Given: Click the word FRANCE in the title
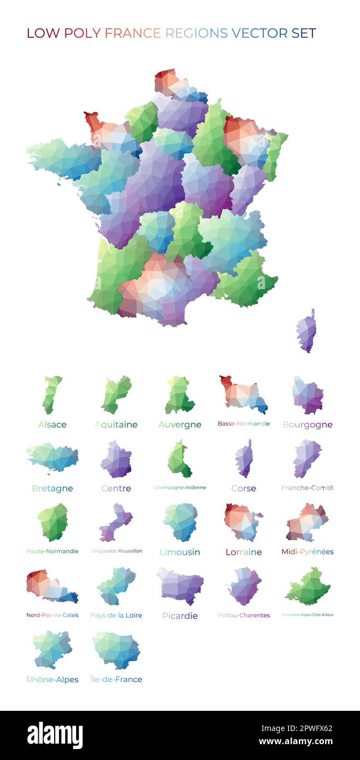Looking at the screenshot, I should pyautogui.click(x=132, y=33).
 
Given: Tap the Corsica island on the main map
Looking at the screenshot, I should pyautogui.click(x=306, y=331).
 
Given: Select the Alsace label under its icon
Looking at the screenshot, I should pyautogui.click(x=52, y=424).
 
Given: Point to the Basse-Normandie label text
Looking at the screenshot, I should pyautogui.click(x=243, y=424).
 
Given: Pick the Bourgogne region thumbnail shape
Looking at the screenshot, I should pyautogui.click(x=307, y=394).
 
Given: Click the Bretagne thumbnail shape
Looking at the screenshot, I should pyautogui.click(x=52, y=458).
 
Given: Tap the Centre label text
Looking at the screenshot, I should pyautogui.click(x=116, y=488).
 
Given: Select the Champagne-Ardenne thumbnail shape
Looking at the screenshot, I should pyautogui.click(x=179, y=459).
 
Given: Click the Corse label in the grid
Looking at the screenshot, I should pyautogui.click(x=243, y=488).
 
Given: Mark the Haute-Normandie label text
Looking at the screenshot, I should pyautogui.click(x=52, y=551).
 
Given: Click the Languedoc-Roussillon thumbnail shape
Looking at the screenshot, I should pyautogui.click(x=115, y=522).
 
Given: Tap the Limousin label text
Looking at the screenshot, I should pyautogui.click(x=179, y=552).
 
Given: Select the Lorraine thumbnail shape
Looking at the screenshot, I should pyautogui.click(x=242, y=522).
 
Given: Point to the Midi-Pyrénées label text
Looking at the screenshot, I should pyautogui.click(x=307, y=552).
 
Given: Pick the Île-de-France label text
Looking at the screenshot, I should pyautogui.click(x=116, y=679).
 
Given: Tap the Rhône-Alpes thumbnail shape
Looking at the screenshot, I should pyautogui.click(x=52, y=649).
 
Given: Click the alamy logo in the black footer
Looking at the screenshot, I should pyautogui.click(x=55, y=735).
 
